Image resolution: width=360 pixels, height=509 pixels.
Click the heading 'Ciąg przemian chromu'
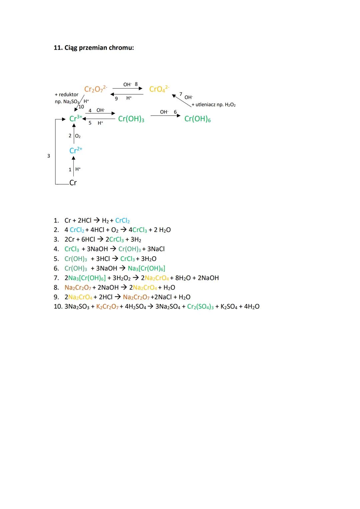(x=94, y=48)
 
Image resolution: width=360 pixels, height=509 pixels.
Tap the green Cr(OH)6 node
(x=197, y=119)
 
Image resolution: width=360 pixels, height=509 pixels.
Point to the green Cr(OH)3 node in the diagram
(x=131, y=119)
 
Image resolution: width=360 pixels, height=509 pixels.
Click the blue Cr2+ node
(x=76, y=150)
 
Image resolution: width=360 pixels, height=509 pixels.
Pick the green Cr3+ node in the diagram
(x=75, y=118)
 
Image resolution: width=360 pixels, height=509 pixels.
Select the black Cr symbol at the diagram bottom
(x=73, y=183)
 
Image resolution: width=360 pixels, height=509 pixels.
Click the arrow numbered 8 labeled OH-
(x=127, y=89)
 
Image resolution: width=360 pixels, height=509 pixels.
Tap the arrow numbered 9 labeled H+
(x=127, y=94)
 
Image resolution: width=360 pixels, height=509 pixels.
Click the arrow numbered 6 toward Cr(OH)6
(x=165, y=116)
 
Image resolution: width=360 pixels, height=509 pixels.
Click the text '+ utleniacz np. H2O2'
(x=214, y=105)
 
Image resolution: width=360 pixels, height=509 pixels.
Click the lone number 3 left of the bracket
(x=49, y=156)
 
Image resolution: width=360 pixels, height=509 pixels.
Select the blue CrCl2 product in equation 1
(x=122, y=221)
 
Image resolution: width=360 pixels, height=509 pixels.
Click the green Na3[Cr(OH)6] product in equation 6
(x=146, y=268)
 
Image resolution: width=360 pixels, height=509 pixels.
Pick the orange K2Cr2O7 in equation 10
(x=107, y=307)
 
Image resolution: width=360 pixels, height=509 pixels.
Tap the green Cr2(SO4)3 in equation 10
(x=200, y=307)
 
